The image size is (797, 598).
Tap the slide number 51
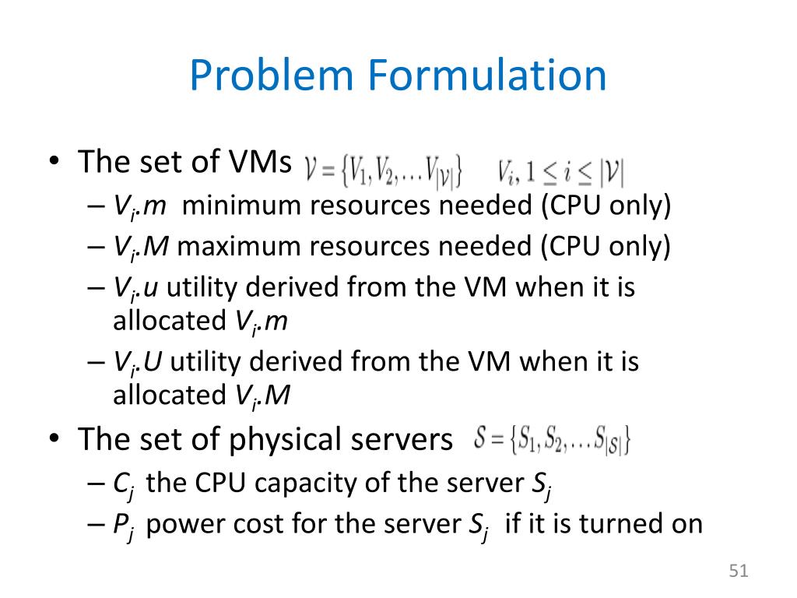click(739, 572)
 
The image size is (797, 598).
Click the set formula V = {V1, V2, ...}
click(385, 171)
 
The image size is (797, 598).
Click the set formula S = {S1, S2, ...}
click(552, 441)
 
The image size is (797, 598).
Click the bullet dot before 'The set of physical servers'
click(52, 441)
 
